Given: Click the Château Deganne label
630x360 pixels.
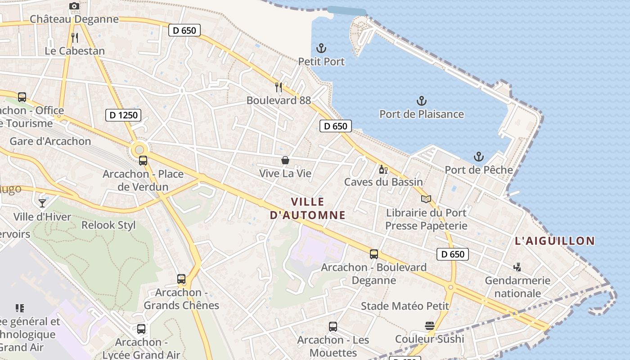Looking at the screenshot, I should [x=74, y=19].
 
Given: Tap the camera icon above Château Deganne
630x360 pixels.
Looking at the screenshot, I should [x=74, y=6].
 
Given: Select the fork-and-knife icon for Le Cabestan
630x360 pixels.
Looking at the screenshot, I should [x=75, y=38].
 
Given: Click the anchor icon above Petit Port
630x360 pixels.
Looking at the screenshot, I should [x=321, y=48].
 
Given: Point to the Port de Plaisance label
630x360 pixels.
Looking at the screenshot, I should [x=421, y=114].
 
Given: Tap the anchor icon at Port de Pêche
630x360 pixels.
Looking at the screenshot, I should [x=479, y=157].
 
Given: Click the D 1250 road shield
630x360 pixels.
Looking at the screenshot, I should [x=123, y=115].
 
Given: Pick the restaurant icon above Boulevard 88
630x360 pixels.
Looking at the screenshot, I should [x=279, y=87].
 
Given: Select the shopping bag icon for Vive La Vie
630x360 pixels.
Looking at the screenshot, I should [x=285, y=160].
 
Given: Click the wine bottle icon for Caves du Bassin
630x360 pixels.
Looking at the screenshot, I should [x=383, y=169].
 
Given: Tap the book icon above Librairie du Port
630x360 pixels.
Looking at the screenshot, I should [x=426, y=199].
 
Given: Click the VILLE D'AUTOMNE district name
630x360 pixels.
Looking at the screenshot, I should [x=307, y=208].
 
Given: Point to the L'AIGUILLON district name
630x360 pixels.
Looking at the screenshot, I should [x=554, y=241].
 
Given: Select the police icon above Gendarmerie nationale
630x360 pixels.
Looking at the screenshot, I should [x=517, y=267].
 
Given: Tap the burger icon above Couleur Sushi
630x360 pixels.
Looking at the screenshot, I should [x=429, y=325].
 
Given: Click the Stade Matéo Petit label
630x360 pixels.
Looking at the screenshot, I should [x=405, y=306].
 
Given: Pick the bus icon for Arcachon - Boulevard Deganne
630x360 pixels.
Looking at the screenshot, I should [x=373, y=254].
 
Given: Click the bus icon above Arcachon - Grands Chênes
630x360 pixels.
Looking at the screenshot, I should [x=181, y=279].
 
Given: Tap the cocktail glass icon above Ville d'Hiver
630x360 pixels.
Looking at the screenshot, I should [x=42, y=203].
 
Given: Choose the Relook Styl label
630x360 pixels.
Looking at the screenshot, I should [x=108, y=225].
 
